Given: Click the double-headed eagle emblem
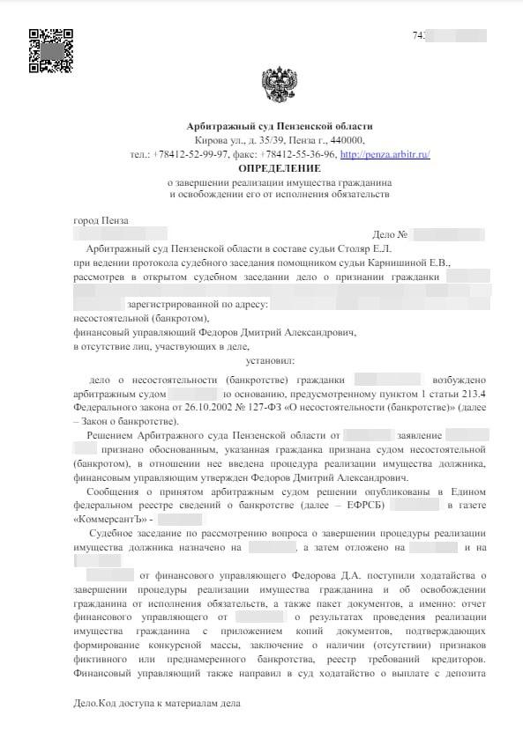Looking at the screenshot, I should (x=280, y=87).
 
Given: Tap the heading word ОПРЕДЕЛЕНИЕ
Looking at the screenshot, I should (x=280, y=167).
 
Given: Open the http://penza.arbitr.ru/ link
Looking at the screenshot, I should (x=385, y=154).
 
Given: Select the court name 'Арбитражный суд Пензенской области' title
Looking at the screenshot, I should (x=280, y=127).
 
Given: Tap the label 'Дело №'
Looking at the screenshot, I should (x=389, y=235).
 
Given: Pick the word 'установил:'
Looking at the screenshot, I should (x=272, y=359).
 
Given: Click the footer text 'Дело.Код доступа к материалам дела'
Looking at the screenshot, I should (x=156, y=705).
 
